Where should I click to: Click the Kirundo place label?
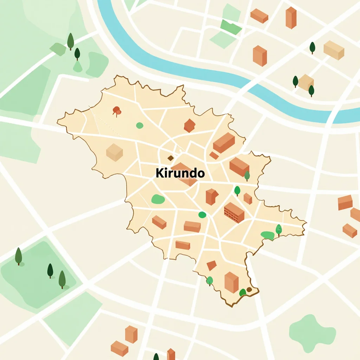click(180, 173)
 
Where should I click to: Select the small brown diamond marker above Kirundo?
click(171, 158)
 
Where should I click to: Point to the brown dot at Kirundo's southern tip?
click(249, 289)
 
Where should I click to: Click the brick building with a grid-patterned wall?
click(234, 212)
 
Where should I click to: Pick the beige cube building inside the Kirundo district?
click(115, 152)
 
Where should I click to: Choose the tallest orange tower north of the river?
click(291, 17)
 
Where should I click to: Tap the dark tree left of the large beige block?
click(312, 47)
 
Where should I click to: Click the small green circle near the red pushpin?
click(140, 125)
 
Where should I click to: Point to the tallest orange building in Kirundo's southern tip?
click(231, 282)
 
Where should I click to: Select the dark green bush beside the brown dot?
click(243, 292)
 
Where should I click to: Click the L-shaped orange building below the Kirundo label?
click(212, 196)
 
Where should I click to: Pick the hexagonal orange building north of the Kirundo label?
click(189, 126)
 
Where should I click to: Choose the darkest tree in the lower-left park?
click(50, 270)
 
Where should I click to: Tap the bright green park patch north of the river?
click(231, 27)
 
